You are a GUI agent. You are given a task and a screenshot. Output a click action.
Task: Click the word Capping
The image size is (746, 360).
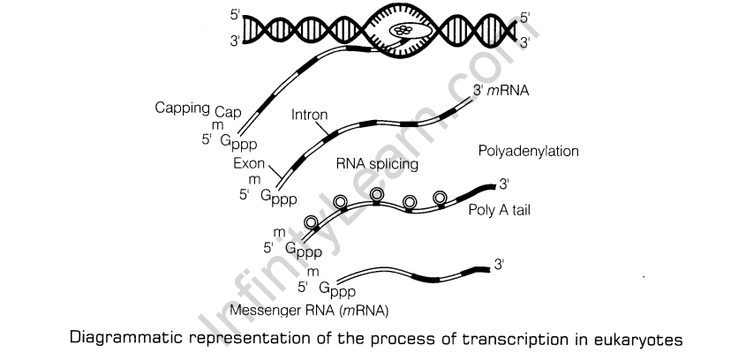(x=181, y=110)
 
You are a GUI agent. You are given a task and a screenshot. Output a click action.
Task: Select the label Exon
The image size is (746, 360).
(x=249, y=164)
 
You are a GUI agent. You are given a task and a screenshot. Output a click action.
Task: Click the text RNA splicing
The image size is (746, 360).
(x=377, y=164)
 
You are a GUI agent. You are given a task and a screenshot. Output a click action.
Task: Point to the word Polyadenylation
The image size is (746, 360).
(x=528, y=151)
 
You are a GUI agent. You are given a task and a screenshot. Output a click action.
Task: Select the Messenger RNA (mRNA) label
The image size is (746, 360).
(x=298, y=311)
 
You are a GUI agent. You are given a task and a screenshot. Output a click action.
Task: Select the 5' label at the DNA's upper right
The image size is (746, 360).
(x=526, y=16)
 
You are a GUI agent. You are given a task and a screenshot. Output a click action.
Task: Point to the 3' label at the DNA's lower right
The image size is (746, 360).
(x=526, y=41)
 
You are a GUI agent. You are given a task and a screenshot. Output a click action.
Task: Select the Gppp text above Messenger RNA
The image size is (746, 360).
(x=337, y=289)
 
